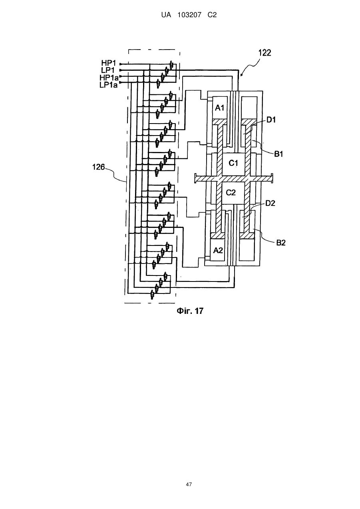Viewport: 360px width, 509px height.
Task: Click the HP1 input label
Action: (x=109, y=63)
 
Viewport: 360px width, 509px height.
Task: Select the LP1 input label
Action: (x=108, y=70)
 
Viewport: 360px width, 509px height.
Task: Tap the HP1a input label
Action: (x=109, y=78)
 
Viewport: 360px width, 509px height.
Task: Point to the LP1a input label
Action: (x=109, y=85)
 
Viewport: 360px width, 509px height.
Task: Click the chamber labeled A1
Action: (x=220, y=108)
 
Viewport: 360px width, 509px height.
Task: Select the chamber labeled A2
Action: (x=218, y=250)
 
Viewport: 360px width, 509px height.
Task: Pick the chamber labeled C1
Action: (x=233, y=164)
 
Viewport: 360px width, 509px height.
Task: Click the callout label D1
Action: (x=271, y=120)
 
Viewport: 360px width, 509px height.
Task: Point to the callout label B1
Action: (x=278, y=154)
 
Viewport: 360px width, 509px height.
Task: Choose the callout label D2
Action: (x=270, y=203)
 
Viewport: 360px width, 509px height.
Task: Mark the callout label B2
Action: (x=281, y=243)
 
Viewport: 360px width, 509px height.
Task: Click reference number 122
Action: (x=265, y=53)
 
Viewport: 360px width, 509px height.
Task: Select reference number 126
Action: (x=98, y=167)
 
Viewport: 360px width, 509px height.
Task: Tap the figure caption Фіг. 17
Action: (x=190, y=311)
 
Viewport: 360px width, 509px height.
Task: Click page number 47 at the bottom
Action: (x=189, y=485)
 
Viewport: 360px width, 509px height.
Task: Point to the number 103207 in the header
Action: (x=189, y=15)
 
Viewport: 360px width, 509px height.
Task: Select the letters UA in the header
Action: (x=166, y=15)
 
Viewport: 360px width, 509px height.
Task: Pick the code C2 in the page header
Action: (x=212, y=15)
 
